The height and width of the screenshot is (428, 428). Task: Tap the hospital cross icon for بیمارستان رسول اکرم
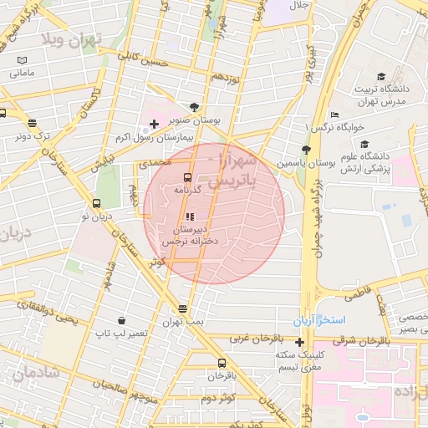point(154,125)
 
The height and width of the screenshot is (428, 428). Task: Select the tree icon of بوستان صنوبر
point(195,107)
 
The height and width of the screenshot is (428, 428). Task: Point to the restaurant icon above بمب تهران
point(183,308)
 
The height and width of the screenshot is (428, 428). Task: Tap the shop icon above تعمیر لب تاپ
point(122,320)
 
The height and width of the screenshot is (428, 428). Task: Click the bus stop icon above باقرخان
point(222,363)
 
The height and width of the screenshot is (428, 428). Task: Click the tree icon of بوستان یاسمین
point(306,150)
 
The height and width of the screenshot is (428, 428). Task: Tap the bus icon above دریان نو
point(96,203)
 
